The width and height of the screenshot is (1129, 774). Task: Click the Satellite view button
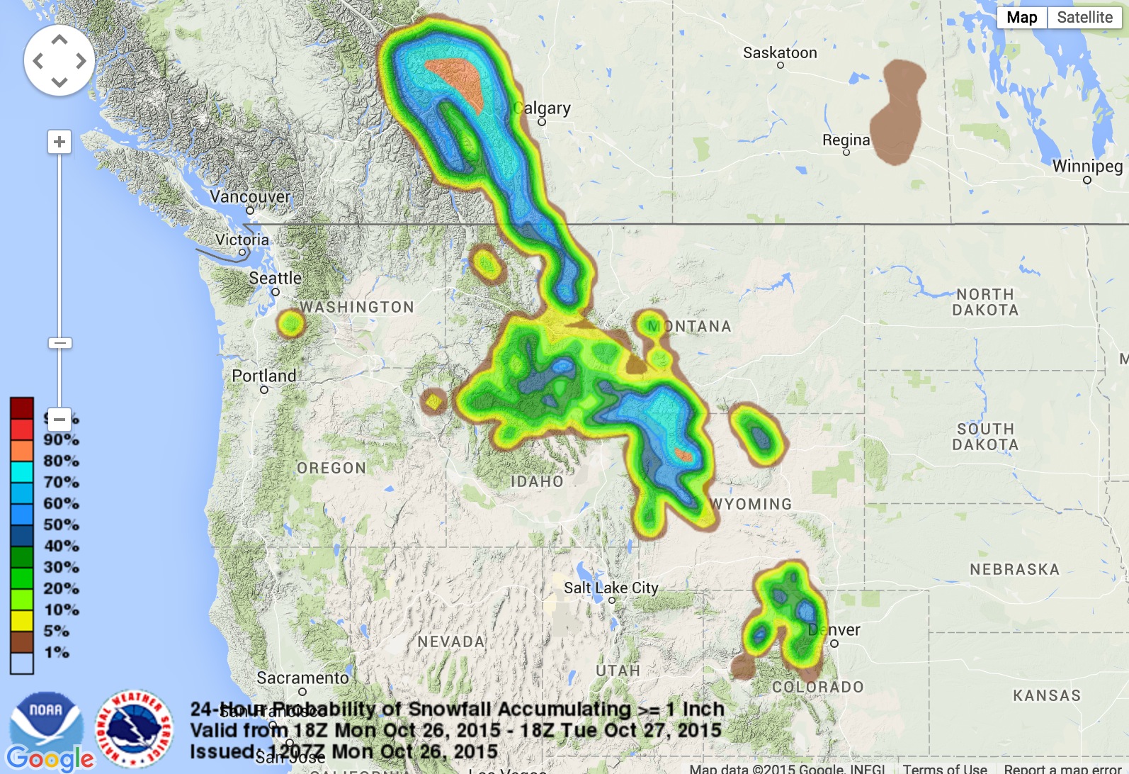tap(1084, 18)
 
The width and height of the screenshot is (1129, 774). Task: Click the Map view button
tap(1021, 18)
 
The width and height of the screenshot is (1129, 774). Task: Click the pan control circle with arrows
tap(59, 61)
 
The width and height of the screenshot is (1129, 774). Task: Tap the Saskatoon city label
tap(780, 53)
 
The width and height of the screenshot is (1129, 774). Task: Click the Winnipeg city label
tap(1087, 167)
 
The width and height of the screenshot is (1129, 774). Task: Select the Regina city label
tap(846, 140)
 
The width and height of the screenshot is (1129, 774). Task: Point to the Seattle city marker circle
tap(276, 292)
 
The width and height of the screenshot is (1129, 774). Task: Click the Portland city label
tap(264, 376)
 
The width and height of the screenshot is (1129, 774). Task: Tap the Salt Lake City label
tap(611, 588)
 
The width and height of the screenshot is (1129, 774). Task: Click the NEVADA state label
tap(451, 642)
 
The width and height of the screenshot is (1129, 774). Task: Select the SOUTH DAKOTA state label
tap(985, 437)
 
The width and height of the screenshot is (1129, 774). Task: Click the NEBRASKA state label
tap(1014, 570)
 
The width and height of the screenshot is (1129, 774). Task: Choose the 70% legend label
tap(61, 482)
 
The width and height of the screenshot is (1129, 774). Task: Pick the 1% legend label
tap(57, 652)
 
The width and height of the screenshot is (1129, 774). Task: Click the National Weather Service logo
tap(135, 729)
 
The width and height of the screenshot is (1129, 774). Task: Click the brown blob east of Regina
tap(897, 113)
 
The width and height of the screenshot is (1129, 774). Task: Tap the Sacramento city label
tap(302, 678)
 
